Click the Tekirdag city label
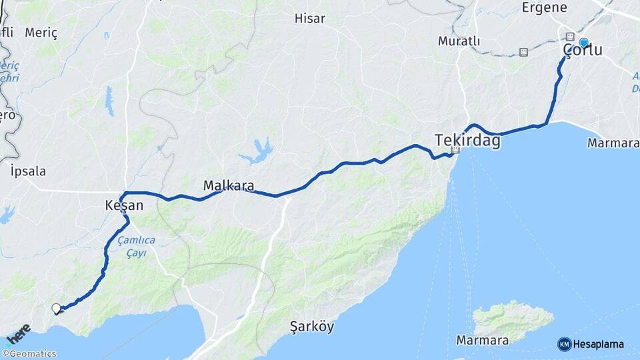click(x=467, y=140)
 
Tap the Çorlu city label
click(x=583, y=51)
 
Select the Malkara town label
click(x=229, y=185)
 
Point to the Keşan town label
click(x=124, y=206)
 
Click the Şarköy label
click(x=312, y=327)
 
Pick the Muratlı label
click(x=459, y=41)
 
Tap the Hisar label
click(x=310, y=18)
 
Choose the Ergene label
click(x=544, y=8)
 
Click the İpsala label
click(x=29, y=171)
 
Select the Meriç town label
click(x=41, y=33)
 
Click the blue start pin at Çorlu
click(x=583, y=43)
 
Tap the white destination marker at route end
click(x=57, y=308)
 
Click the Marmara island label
click(x=483, y=341)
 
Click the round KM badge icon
click(x=564, y=344)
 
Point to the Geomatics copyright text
click(x=29, y=354)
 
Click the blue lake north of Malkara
click(x=258, y=151)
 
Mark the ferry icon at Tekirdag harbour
click(x=456, y=151)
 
